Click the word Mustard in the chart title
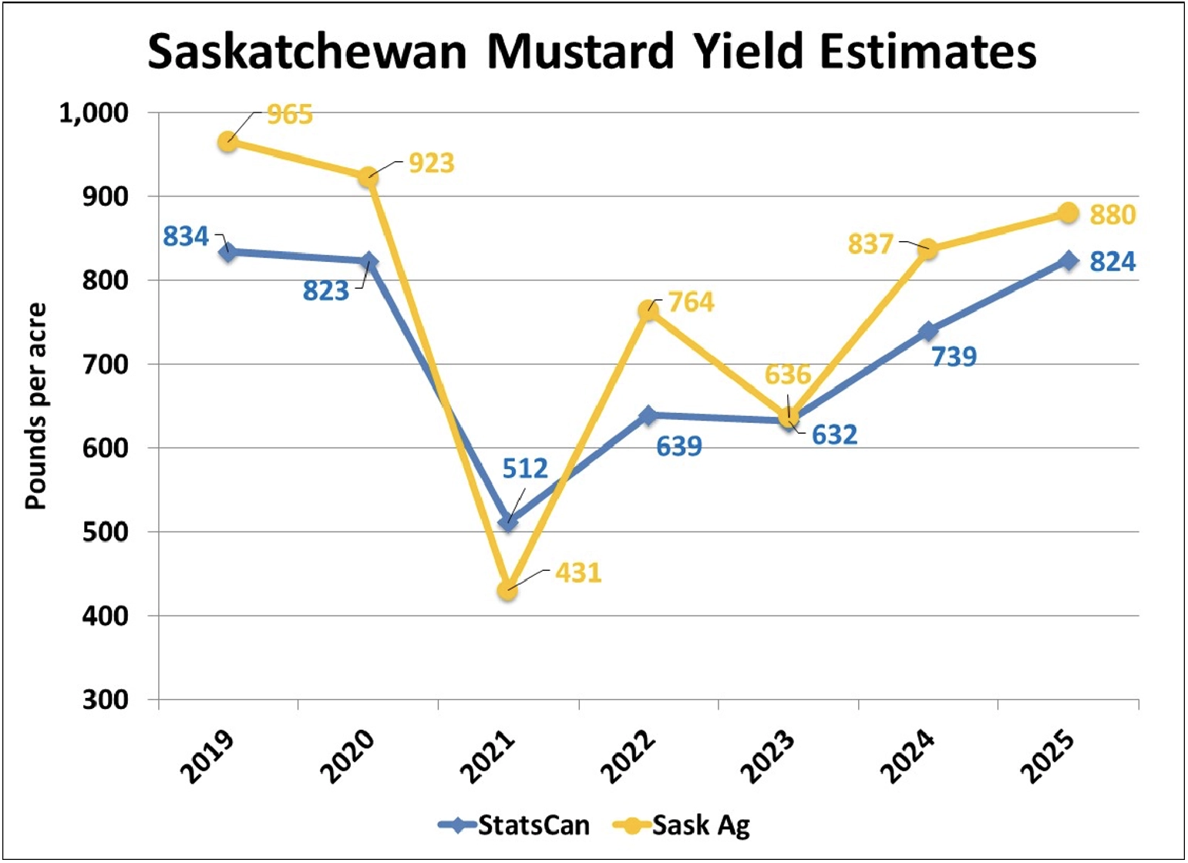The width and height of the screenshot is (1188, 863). click(x=580, y=52)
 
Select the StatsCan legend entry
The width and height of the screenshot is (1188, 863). click(x=515, y=825)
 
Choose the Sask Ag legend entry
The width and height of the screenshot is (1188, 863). click(x=682, y=825)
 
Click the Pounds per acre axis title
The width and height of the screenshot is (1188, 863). click(x=35, y=406)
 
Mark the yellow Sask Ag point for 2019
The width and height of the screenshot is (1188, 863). click(x=227, y=142)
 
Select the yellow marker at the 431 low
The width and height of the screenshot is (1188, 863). click(x=507, y=591)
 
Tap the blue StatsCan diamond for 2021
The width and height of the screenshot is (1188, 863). click(x=507, y=523)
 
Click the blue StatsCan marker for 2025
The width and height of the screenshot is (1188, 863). click(x=1069, y=260)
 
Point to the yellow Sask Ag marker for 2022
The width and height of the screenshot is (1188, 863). click(x=648, y=311)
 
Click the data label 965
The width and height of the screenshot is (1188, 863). click(x=290, y=115)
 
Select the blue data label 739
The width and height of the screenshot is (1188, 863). click(x=954, y=357)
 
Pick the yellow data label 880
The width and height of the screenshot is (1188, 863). click(x=1112, y=214)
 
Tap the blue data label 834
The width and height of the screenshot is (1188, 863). click(x=186, y=237)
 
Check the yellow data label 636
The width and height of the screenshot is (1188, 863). click(x=788, y=375)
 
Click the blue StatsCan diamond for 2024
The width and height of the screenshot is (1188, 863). click(x=928, y=331)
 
